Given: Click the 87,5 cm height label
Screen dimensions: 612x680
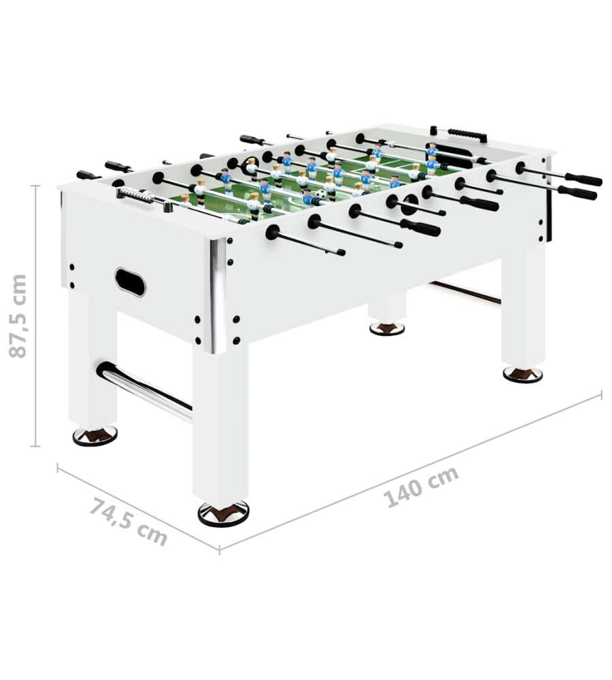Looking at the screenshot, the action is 18,316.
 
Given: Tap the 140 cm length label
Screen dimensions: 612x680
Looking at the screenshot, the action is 422,487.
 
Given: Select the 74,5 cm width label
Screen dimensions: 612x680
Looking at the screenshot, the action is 129,522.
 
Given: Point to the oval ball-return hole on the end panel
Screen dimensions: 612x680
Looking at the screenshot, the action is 130,282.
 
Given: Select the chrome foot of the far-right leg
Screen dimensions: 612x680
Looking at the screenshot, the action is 523,374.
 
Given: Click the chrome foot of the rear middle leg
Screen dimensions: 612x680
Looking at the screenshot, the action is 388,328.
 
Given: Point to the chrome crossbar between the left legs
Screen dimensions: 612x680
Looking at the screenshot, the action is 144,389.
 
